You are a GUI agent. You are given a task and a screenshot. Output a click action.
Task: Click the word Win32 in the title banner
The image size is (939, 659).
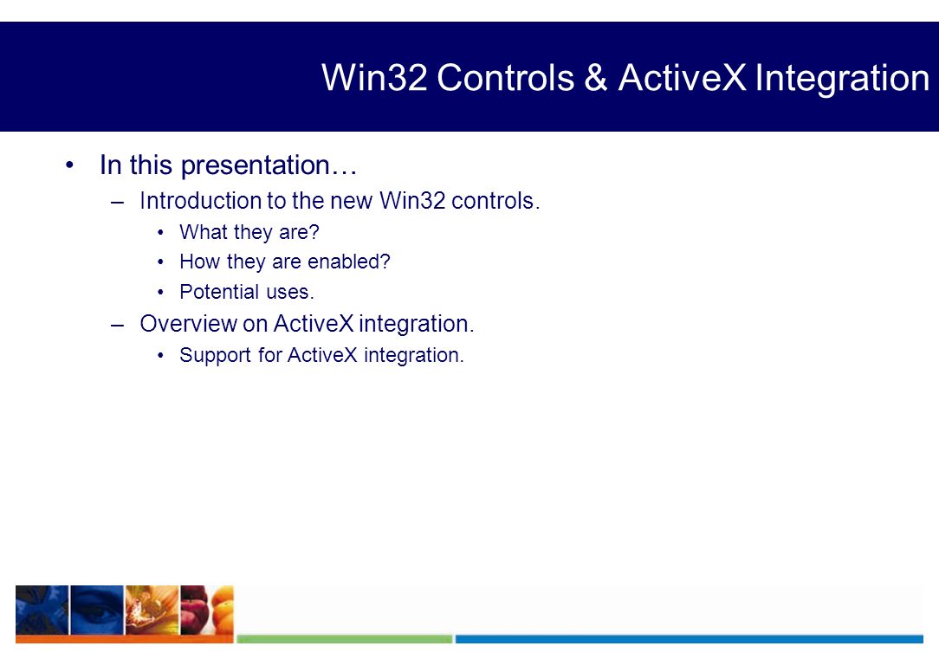pos(374,78)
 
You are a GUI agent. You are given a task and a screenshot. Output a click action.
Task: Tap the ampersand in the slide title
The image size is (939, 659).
pos(595,78)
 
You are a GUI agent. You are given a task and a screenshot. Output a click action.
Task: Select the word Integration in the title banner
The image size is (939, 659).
pos(842,79)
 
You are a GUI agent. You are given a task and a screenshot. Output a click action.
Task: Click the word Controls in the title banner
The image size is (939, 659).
pos(505,78)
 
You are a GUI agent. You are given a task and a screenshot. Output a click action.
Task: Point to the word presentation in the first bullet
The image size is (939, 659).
pos(256,165)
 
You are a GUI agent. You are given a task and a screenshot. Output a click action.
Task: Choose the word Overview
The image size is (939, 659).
pos(189,324)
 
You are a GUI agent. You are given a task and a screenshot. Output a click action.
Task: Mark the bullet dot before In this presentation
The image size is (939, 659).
pos(70,165)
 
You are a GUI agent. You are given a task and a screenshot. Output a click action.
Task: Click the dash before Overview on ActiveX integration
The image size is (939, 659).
pos(118,325)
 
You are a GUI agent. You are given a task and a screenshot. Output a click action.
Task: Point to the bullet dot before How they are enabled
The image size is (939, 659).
pos(160,262)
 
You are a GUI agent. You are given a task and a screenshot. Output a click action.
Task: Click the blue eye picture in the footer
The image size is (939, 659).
pos(97,610)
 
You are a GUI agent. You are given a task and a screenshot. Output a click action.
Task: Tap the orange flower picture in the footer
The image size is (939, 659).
pos(152,610)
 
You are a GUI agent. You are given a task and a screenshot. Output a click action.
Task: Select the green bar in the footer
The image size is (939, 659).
pos(345,639)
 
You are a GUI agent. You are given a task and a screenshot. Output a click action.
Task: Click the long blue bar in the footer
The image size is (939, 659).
pos(690,639)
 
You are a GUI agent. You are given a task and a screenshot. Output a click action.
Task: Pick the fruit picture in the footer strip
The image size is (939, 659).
pos(207,610)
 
